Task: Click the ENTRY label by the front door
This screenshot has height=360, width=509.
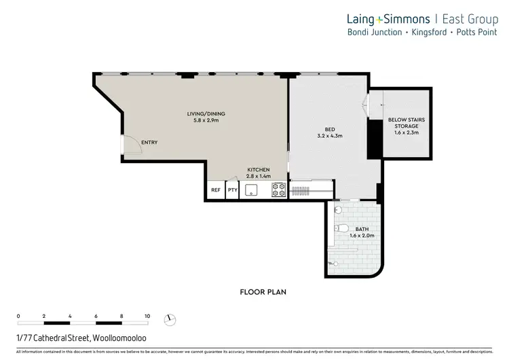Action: click(149, 143)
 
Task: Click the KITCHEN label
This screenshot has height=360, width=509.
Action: click(258, 169)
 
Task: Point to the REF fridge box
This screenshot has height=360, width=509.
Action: click(216, 190)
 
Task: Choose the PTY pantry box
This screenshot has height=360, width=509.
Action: click(233, 190)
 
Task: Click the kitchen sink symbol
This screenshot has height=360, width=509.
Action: click(252, 190)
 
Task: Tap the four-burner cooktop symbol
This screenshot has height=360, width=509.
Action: click(278, 190)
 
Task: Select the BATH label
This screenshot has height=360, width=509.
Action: click(362, 230)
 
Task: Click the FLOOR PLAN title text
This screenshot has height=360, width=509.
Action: click(264, 292)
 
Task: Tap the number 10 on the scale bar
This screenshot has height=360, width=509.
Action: click(147, 316)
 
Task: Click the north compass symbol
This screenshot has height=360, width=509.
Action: click(170, 319)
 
